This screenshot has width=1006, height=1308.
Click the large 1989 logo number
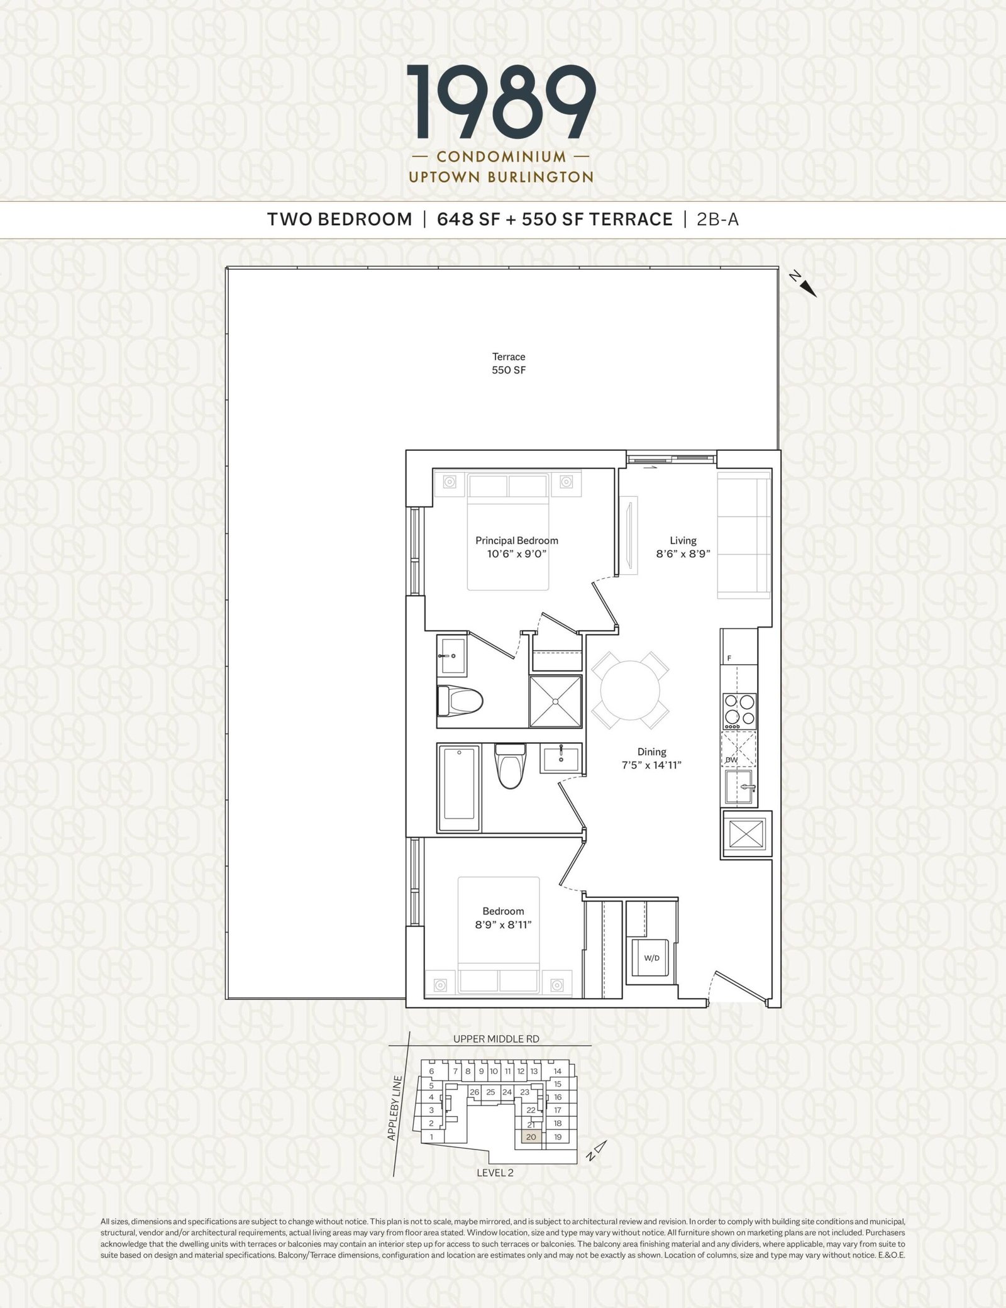[x=501, y=103]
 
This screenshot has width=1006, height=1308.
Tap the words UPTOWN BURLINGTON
[x=501, y=177]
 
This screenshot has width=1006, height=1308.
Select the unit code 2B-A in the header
[x=717, y=219]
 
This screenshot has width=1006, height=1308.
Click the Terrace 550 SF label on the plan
[x=509, y=363]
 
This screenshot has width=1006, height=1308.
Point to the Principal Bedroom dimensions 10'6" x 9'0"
[x=516, y=554]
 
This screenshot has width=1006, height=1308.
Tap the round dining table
[x=630, y=690]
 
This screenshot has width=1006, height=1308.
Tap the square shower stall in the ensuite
[x=555, y=701]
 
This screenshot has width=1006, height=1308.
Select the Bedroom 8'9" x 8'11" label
[x=503, y=917]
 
